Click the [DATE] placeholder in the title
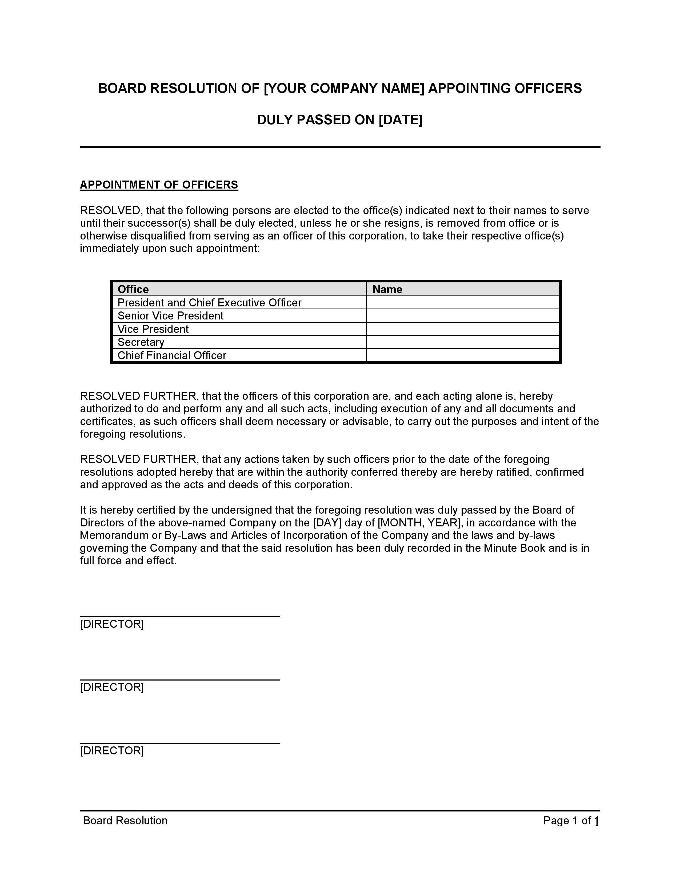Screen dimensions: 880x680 pos(401,120)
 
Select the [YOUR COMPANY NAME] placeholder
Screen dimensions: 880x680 pos(344,88)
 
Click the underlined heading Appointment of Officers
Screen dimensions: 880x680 pos(159,185)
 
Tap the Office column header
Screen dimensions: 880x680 pos(133,289)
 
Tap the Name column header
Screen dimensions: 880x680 pos(387,289)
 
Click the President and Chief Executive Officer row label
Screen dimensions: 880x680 pos(209,303)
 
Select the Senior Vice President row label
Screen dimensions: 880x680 pos(170,316)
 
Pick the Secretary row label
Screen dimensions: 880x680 pos(141,342)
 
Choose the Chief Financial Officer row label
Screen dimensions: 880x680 pos(172,355)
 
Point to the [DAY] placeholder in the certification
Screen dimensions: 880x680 pos(327,523)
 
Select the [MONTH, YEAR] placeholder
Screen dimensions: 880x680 pos(419,523)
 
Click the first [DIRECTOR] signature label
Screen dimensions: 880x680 pos(112,624)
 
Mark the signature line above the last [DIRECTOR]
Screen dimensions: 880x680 pos(180,743)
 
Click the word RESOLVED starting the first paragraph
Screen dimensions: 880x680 pos(110,210)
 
